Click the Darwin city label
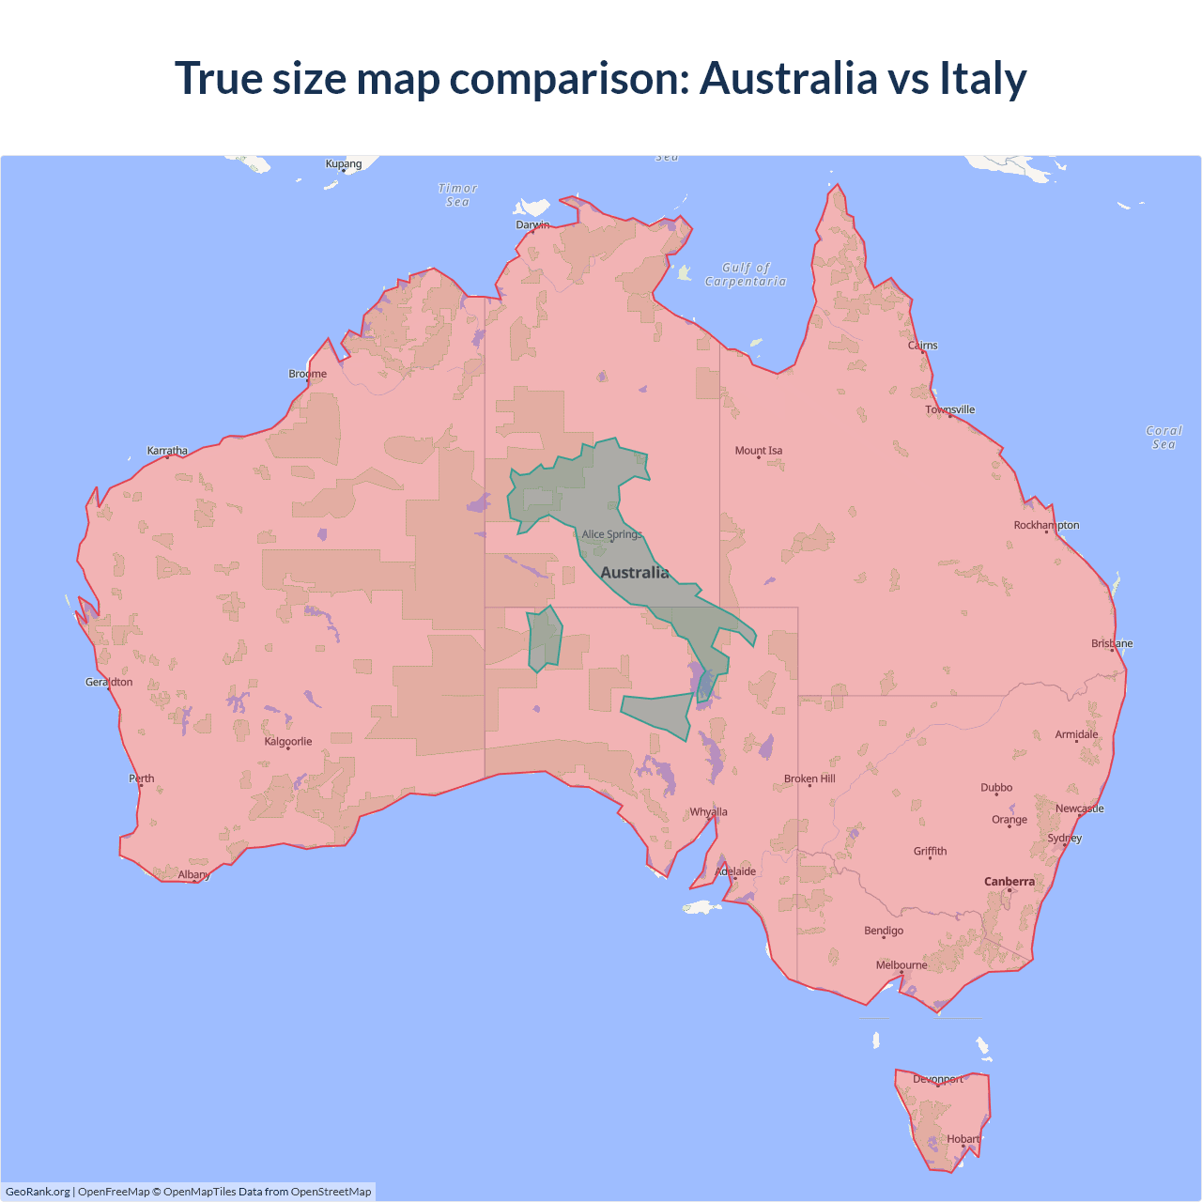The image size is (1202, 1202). pyautogui.click(x=532, y=224)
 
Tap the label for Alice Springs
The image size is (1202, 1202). pyautogui.click(x=611, y=534)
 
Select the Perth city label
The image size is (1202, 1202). pyautogui.click(x=142, y=778)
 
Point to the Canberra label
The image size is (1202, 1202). pyautogui.click(x=1009, y=882)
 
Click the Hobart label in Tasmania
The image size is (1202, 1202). pyautogui.click(x=963, y=1139)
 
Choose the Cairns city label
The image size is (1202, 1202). pyautogui.click(x=922, y=346)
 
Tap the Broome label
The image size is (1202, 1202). pyautogui.click(x=308, y=374)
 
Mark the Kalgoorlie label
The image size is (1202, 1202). pyautogui.click(x=288, y=742)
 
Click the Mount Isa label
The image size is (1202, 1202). pyautogui.click(x=759, y=451)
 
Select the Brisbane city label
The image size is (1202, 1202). pyautogui.click(x=1112, y=643)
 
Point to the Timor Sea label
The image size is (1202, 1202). pyautogui.click(x=458, y=195)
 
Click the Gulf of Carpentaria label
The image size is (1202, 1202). pyautogui.click(x=746, y=274)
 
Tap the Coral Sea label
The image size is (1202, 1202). pyautogui.click(x=1163, y=438)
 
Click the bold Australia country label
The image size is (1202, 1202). pyautogui.click(x=635, y=573)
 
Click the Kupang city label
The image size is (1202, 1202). pyautogui.click(x=344, y=163)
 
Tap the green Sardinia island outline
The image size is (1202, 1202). pyautogui.click(x=545, y=639)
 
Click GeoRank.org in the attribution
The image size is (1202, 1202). pyautogui.click(x=38, y=1192)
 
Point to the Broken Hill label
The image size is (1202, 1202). pyautogui.click(x=809, y=778)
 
